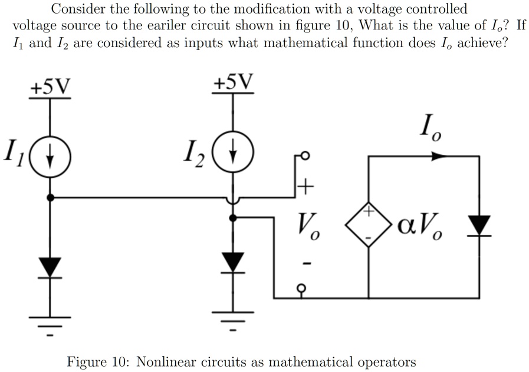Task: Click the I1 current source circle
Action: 50,157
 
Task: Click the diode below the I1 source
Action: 51,267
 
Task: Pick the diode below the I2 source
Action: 234,262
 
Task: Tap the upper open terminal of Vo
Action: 304,157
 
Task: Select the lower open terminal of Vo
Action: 304,288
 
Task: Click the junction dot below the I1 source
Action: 51,198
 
